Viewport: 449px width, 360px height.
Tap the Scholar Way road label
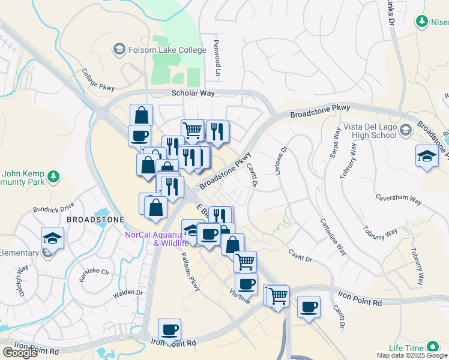click(193, 93)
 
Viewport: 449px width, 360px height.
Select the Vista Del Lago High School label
click(370, 131)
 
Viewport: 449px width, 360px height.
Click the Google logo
click(20, 353)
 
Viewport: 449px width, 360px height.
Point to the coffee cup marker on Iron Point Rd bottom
click(169, 329)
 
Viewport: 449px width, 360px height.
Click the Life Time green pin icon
click(432, 347)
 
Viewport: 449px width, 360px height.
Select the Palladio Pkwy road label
click(190, 272)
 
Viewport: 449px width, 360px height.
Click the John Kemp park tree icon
click(54, 176)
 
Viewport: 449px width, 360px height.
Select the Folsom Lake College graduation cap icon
click(118, 49)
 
